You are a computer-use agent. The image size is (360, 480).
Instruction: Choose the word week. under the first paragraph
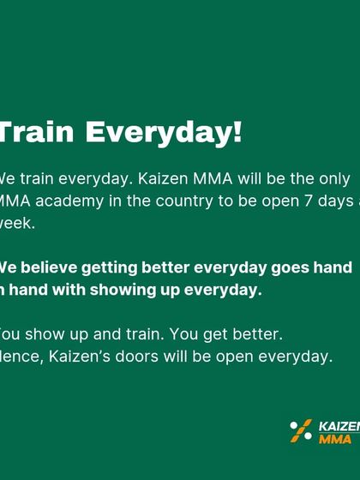(17, 223)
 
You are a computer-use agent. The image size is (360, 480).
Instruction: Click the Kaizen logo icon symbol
(301, 430)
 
